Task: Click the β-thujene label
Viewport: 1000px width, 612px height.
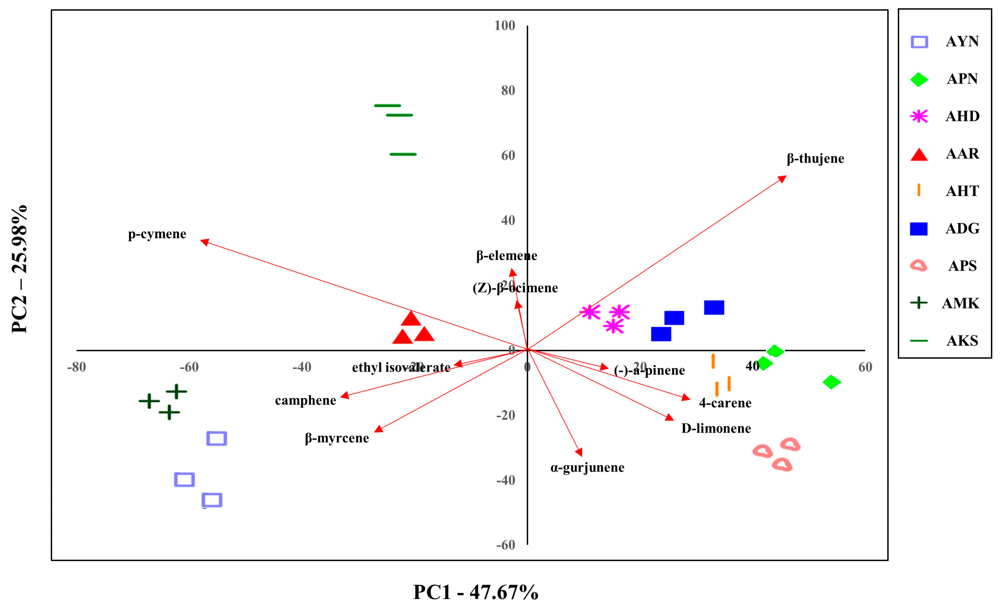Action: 815,159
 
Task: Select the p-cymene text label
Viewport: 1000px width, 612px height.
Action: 157,234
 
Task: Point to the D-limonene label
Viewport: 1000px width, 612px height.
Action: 716,428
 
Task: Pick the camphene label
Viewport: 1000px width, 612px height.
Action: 305,401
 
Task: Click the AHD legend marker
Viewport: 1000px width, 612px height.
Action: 919,116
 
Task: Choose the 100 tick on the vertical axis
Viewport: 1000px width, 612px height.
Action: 505,25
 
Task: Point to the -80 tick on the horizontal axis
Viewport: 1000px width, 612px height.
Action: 76,367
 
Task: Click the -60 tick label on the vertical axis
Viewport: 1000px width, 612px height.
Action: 505,545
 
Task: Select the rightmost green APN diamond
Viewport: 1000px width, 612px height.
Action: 831,382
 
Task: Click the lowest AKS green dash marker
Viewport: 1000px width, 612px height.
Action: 403,154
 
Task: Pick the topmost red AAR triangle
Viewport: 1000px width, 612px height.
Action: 411,319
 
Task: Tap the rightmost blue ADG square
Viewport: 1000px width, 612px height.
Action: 714,308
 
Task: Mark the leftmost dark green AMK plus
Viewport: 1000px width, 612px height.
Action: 149,401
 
